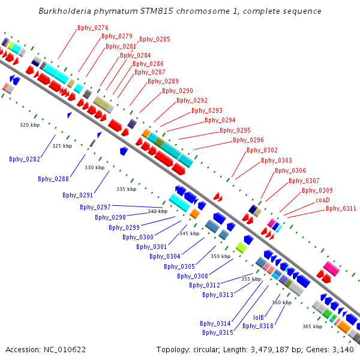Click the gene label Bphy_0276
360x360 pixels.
[x=93, y=28]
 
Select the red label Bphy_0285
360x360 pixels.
[x=155, y=40]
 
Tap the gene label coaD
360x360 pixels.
[x=323, y=200]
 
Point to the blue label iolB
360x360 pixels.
[x=259, y=317]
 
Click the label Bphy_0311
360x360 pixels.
[x=341, y=209]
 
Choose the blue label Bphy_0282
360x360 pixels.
[x=25, y=159]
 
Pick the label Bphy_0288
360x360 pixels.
[x=53, y=179]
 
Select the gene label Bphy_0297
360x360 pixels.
[x=95, y=207]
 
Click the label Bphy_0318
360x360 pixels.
[x=258, y=326]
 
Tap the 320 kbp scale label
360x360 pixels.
[x=29, y=125]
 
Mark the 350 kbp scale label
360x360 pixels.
[x=220, y=256]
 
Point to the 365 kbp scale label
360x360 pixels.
[x=312, y=326]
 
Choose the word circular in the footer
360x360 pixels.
[x=205, y=349]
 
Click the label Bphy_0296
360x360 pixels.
[x=248, y=140]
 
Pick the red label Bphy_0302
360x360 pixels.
[x=262, y=150]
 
